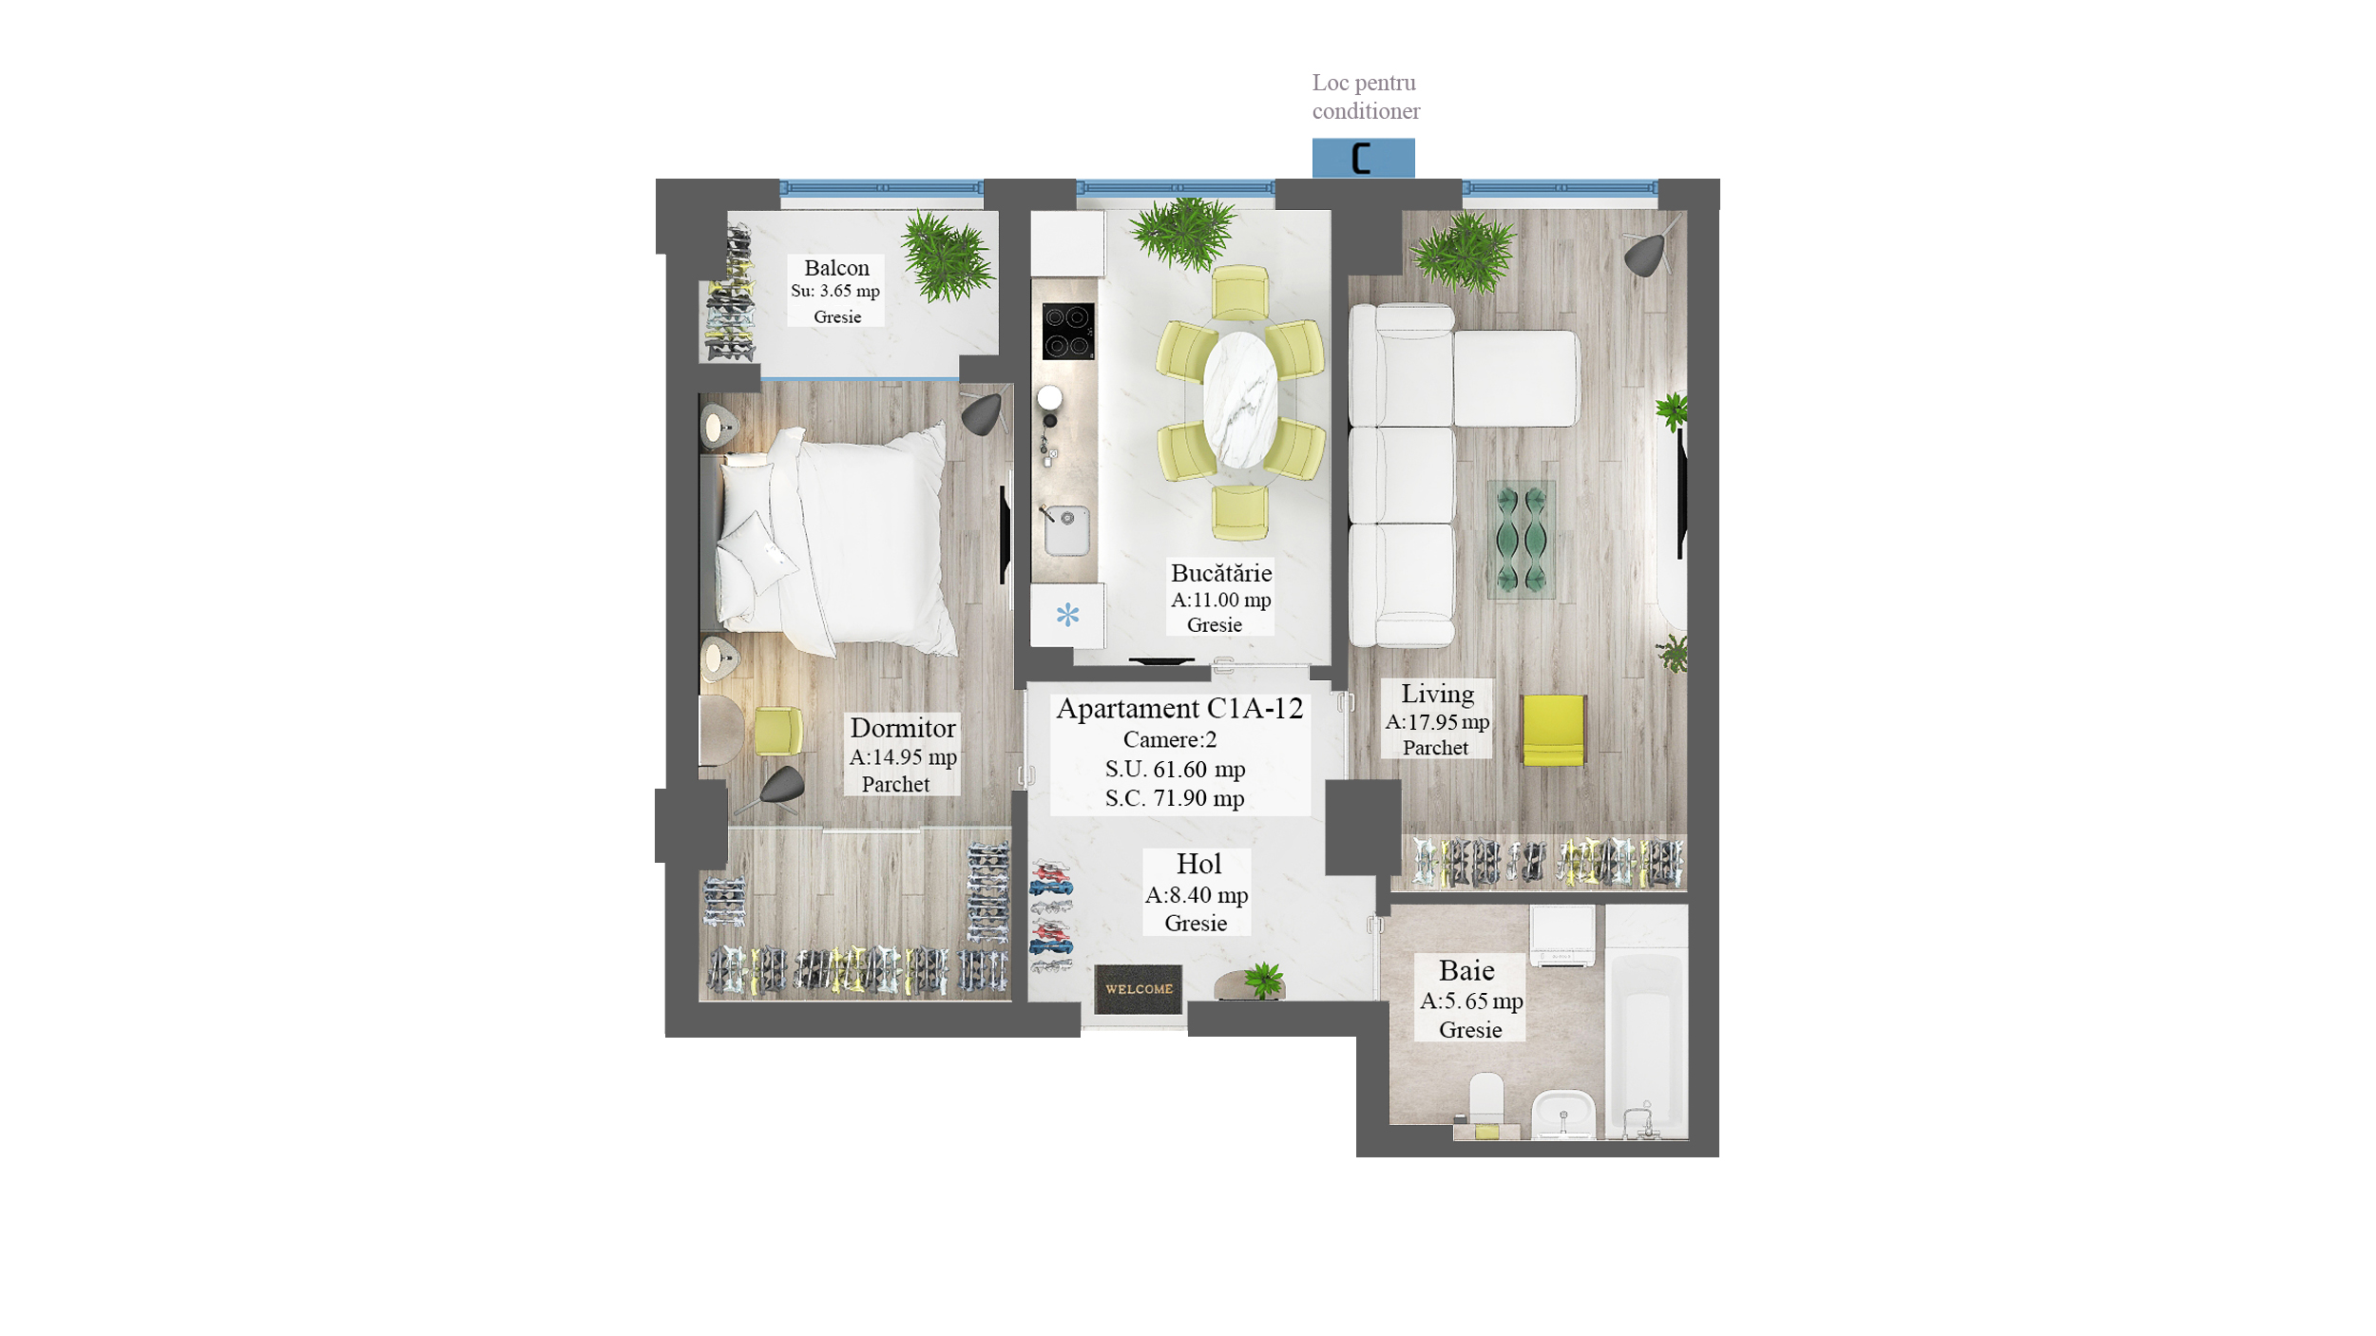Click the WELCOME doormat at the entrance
[1138, 989]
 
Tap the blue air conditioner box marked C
[1363, 158]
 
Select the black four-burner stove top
[1067, 331]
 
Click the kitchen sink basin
[1067, 530]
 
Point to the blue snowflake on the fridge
[1067, 615]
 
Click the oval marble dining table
[1240, 400]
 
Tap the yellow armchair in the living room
[1553, 730]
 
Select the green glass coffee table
[1521, 539]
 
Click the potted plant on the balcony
[946, 257]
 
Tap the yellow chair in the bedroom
[777, 731]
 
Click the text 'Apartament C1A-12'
[1179, 709]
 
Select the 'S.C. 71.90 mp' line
[1175, 798]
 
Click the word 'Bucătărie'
[1221, 573]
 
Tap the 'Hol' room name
[1198, 864]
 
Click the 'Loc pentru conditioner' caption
[1366, 97]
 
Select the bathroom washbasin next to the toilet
[1563, 1113]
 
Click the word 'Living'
[1437, 695]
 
